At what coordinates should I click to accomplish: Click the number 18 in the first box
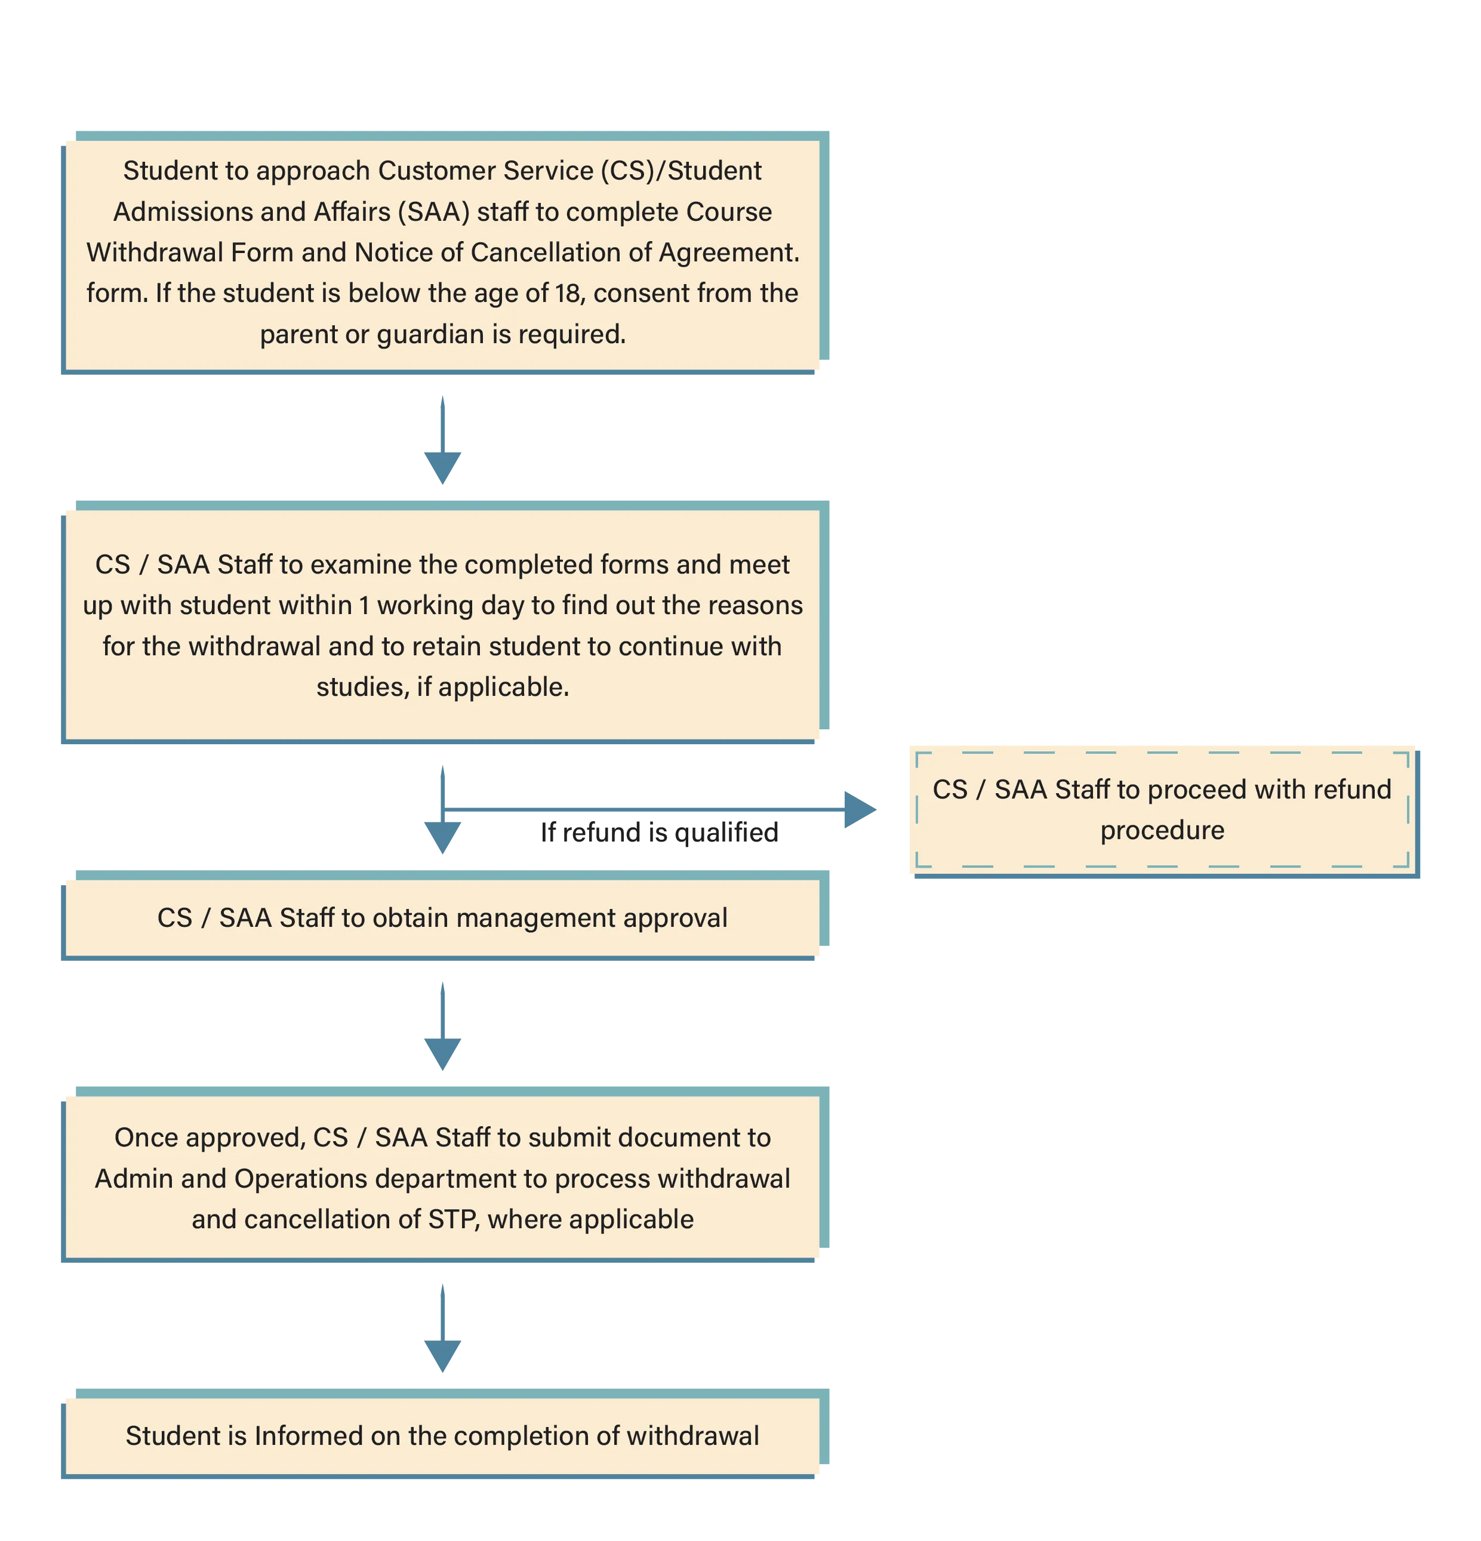pyautogui.click(x=567, y=293)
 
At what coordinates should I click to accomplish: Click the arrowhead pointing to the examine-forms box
pyautogui.click(x=443, y=468)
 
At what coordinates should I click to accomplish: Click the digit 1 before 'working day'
pyautogui.click(x=364, y=605)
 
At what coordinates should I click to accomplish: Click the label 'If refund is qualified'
pyautogui.click(x=659, y=833)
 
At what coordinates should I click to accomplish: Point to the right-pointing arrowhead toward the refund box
pyautogui.click(x=860, y=810)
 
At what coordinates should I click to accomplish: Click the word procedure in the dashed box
pyautogui.click(x=1162, y=831)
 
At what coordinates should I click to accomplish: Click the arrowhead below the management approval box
pyautogui.click(x=443, y=1055)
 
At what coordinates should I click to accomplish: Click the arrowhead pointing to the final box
pyautogui.click(x=443, y=1356)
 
